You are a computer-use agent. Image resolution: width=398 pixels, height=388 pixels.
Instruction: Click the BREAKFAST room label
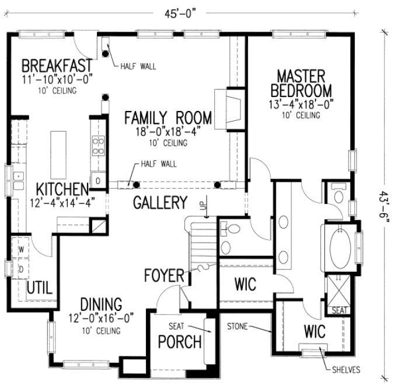(57, 64)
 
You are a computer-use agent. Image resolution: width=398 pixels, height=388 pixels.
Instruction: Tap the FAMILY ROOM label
(167, 118)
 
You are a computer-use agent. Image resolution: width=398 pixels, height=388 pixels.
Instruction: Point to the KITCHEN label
(62, 189)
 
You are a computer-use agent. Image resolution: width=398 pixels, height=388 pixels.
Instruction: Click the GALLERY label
(160, 203)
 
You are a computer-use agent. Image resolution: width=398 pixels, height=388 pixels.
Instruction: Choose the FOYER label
(164, 275)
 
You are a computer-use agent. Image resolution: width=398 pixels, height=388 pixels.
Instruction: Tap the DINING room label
(101, 304)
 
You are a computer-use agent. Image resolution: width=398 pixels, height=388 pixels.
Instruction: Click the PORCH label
(180, 341)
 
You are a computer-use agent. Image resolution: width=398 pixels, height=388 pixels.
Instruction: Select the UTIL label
(40, 287)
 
